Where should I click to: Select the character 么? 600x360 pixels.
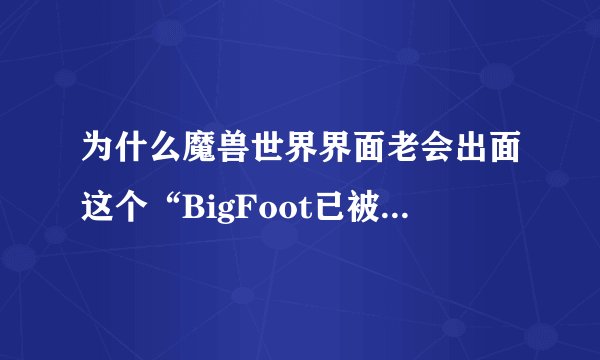pos(165,152)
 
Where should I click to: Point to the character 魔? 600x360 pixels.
pos(200,152)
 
